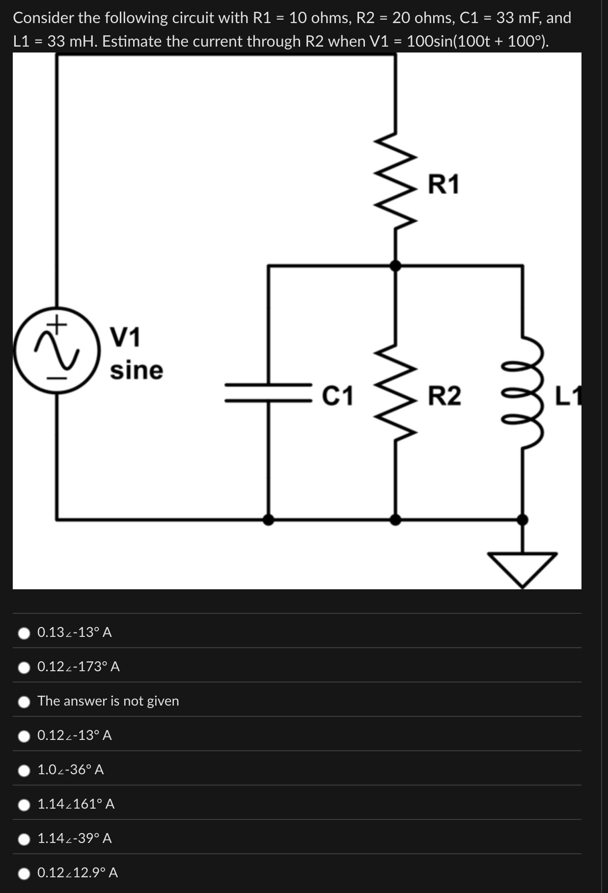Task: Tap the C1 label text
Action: tap(337, 396)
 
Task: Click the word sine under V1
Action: tap(136, 370)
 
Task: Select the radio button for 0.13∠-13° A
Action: tap(24, 633)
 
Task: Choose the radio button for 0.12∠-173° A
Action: tap(24, 667)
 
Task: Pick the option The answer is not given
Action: tap(24, 702)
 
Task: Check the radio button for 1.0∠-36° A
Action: tap(24, 770)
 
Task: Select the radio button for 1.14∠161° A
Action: tap(24, 805)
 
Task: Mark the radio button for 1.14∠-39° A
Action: tap(24, 839)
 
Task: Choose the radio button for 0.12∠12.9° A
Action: tap(24, 873)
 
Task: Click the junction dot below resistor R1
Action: tap(395, 266)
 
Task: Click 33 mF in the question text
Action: tap(519, 18)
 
